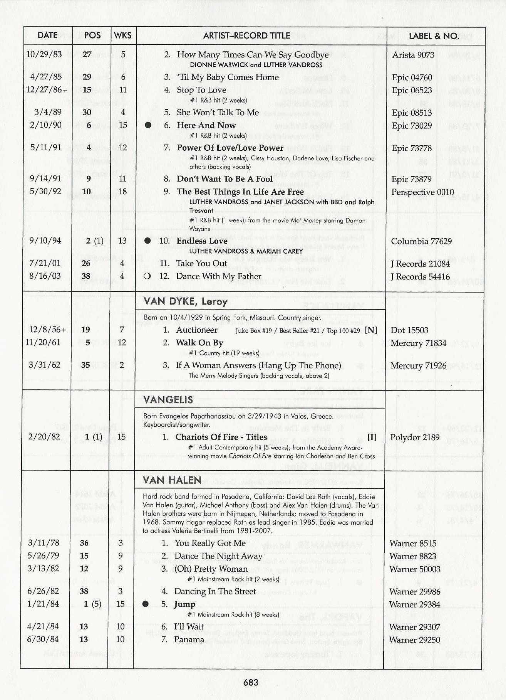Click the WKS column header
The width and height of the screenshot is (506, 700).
click(x=123, y=35)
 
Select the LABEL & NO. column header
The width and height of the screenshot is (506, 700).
click(x=434, y=36)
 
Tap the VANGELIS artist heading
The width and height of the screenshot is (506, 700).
click(x=168, y=400)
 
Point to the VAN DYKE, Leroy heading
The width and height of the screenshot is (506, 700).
click(x=185, y=301)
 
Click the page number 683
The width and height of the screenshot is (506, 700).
click(x=251, y=682)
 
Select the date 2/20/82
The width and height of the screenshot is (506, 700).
click(x=44, y=437)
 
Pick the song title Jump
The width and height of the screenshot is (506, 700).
click(x=184, y=604)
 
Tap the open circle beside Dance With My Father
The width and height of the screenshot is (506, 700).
click(x=147, y=276)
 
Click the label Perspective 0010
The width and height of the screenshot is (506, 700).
click(x=422, y=192)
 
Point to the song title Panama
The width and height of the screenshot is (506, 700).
click(x=189, y=639)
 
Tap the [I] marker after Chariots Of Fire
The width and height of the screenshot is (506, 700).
click(x=372, y=437)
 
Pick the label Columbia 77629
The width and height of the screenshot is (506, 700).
click(x=421, y=241)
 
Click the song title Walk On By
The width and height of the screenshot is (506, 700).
click(x=199, y=343)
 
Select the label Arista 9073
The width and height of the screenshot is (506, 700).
click(x=413, y=55)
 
